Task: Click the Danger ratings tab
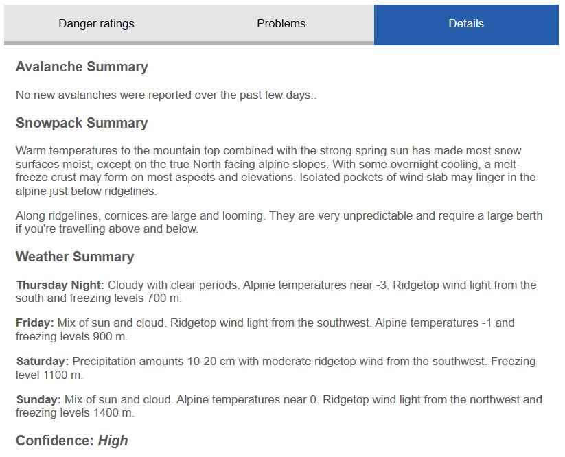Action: pyautogui.click(x=96, y=23)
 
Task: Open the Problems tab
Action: pyautogui.click(x=281, y=23)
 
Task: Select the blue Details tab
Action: pyautogui.click(x=466, y=23)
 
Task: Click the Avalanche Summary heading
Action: pyautogui.click(x=82, y=67)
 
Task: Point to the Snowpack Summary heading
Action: pyautogui.click(x=82, y=123)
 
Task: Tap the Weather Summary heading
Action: pyautogui.click(x=75, y=257)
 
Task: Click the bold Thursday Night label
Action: pyautogui.click(x=60, y=285)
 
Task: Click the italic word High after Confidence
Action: pyautogui.click(x=113, y=441)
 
